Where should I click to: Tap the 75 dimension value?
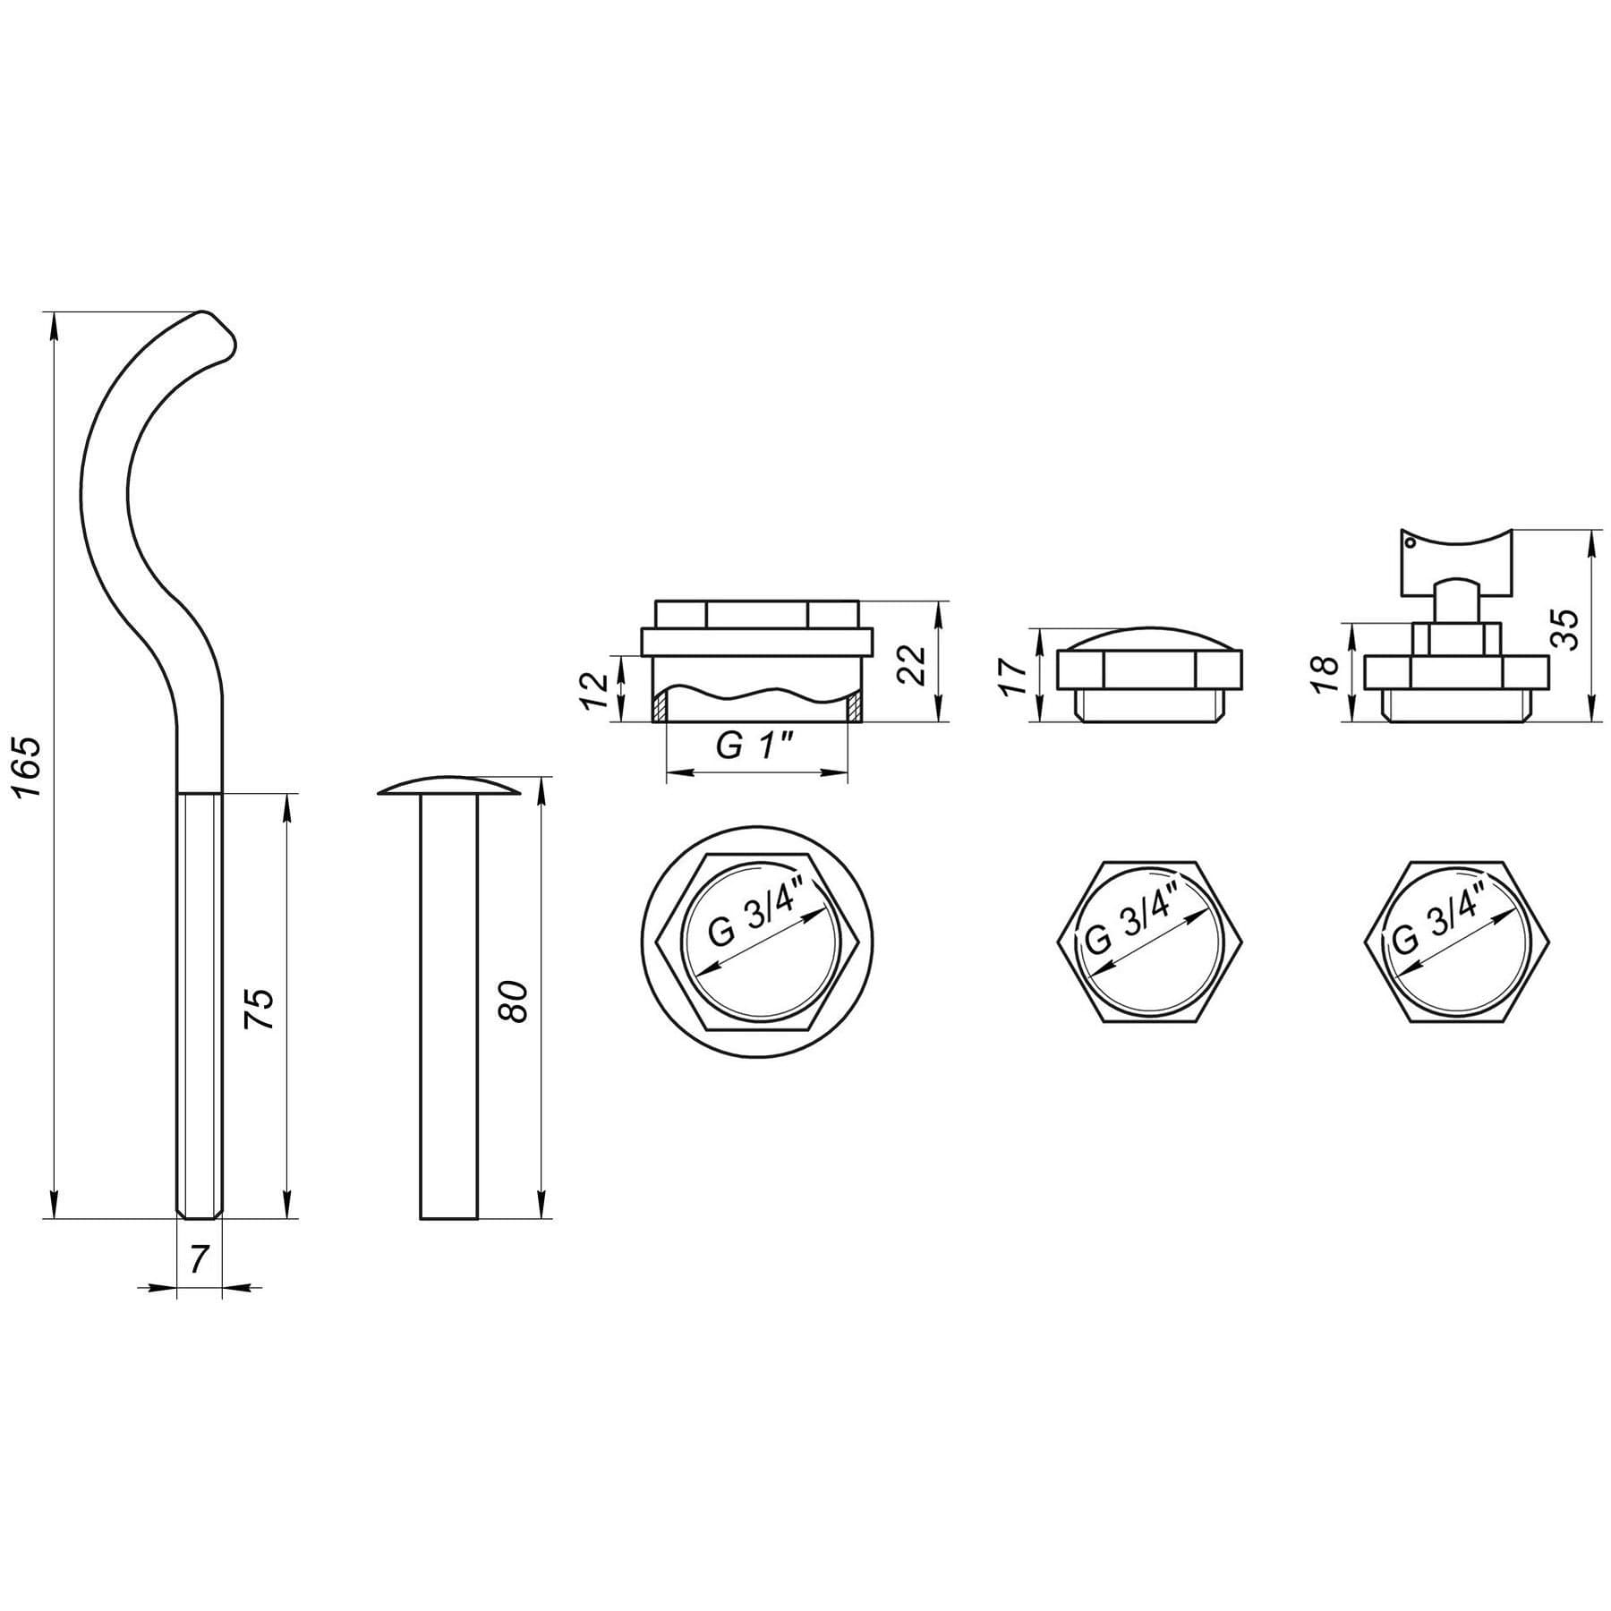pos(260,1009)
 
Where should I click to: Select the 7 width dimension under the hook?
pos(199,1258)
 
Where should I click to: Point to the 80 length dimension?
pos(518,1002)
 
